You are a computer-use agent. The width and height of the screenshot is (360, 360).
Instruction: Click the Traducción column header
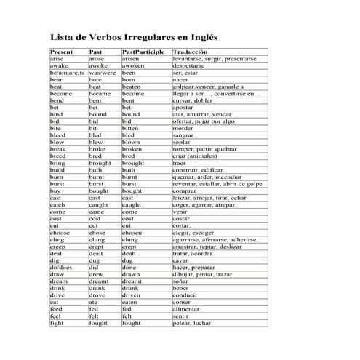point(190,52)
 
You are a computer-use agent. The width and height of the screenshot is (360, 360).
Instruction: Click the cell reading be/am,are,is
point(67,73)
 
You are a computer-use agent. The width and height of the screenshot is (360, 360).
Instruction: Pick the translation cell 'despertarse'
point(193,65)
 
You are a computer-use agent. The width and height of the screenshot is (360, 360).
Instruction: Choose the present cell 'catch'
point(57,204)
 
